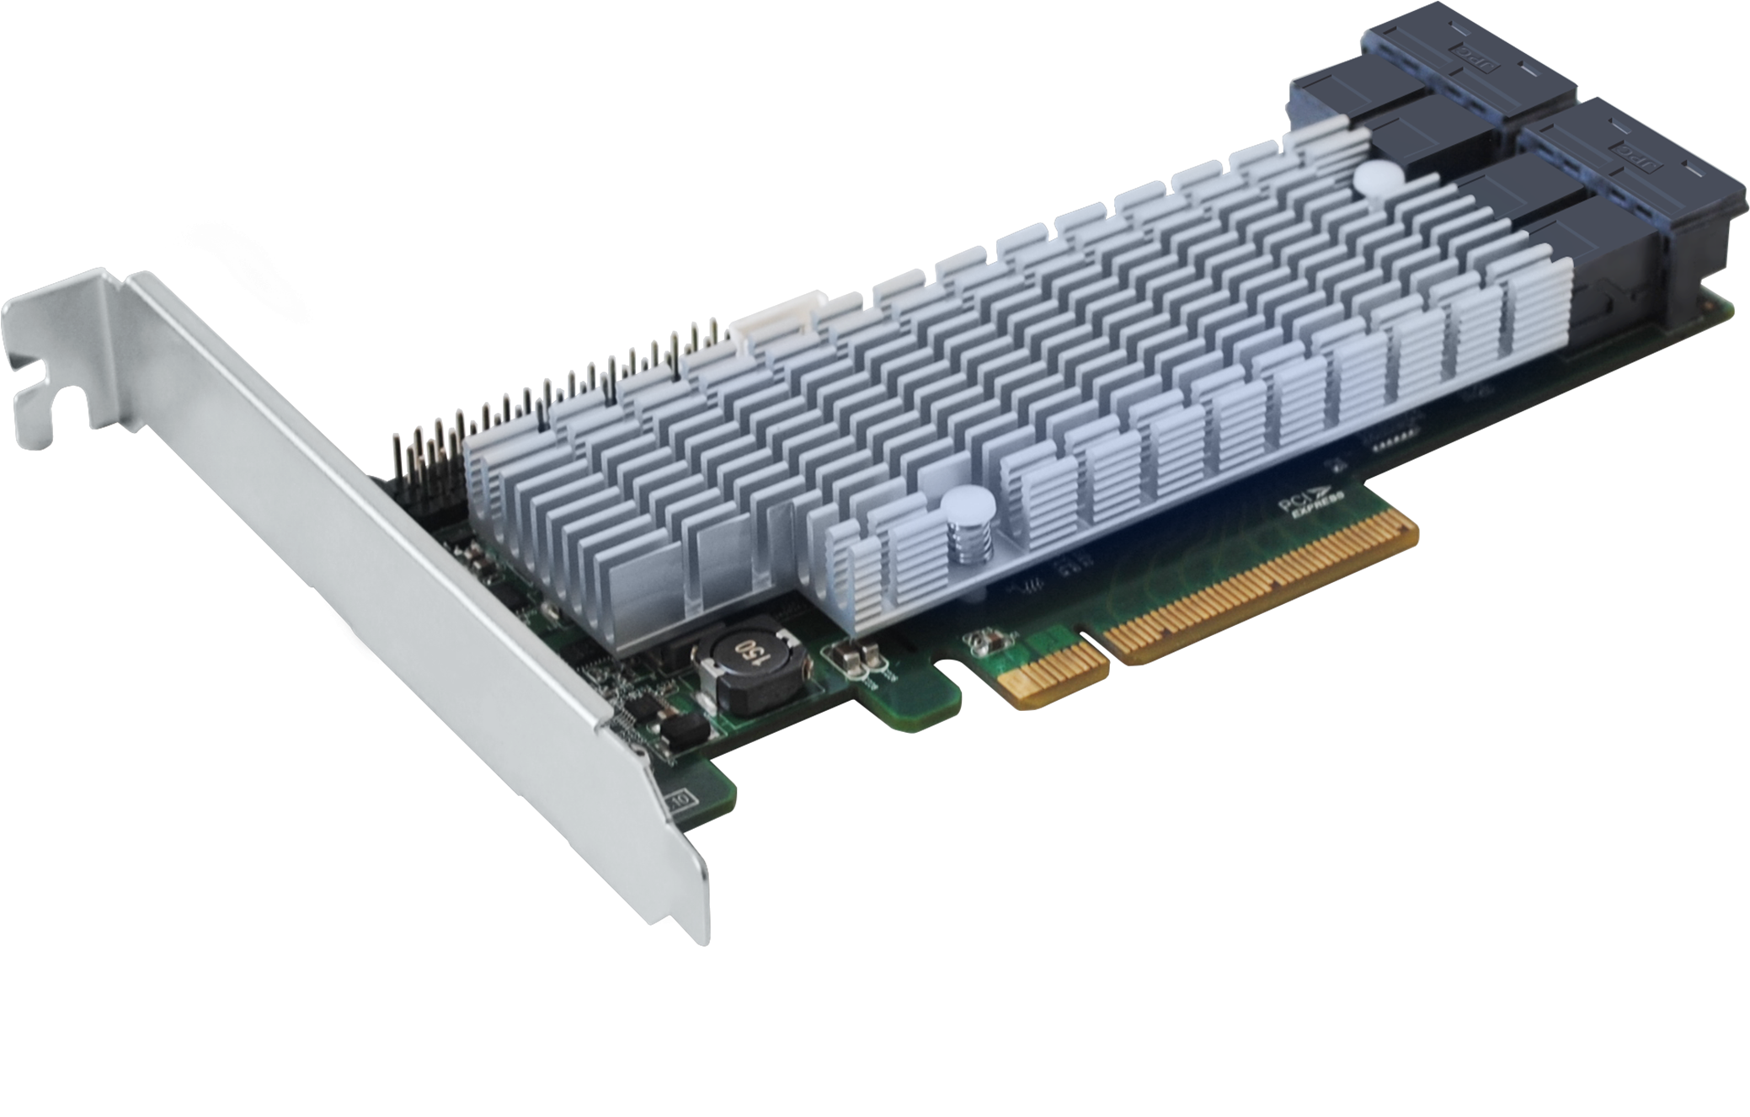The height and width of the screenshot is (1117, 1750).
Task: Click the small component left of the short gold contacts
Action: pos(979,644)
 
